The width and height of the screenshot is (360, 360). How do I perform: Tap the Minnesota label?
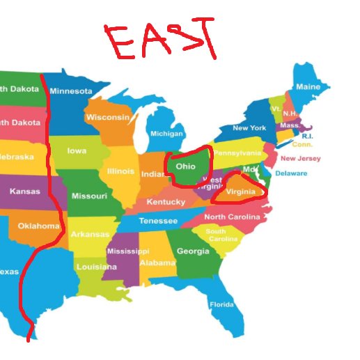(70, 91)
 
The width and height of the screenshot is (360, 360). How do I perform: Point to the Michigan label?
(166, 134)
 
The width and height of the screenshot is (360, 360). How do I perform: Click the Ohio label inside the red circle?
(185, 167)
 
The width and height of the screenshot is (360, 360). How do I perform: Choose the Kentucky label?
(166, 202)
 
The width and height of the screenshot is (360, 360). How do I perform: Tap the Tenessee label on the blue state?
(158, 221)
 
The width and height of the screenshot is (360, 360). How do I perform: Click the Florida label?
(222, 304)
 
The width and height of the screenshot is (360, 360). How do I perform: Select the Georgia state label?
(193, 251)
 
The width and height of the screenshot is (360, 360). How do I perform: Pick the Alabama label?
(157, 263)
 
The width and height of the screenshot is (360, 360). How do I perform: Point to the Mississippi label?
(127, 251)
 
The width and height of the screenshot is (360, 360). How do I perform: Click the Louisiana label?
(96, 267)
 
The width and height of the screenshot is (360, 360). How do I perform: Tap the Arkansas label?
(90, 234)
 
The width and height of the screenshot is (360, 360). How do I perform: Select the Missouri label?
(89, 196)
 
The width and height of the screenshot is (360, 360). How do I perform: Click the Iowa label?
(77, 150)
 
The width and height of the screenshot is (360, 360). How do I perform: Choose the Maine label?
(308, 87)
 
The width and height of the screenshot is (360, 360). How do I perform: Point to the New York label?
(249, 128)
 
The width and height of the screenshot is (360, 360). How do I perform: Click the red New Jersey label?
(300, 159)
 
